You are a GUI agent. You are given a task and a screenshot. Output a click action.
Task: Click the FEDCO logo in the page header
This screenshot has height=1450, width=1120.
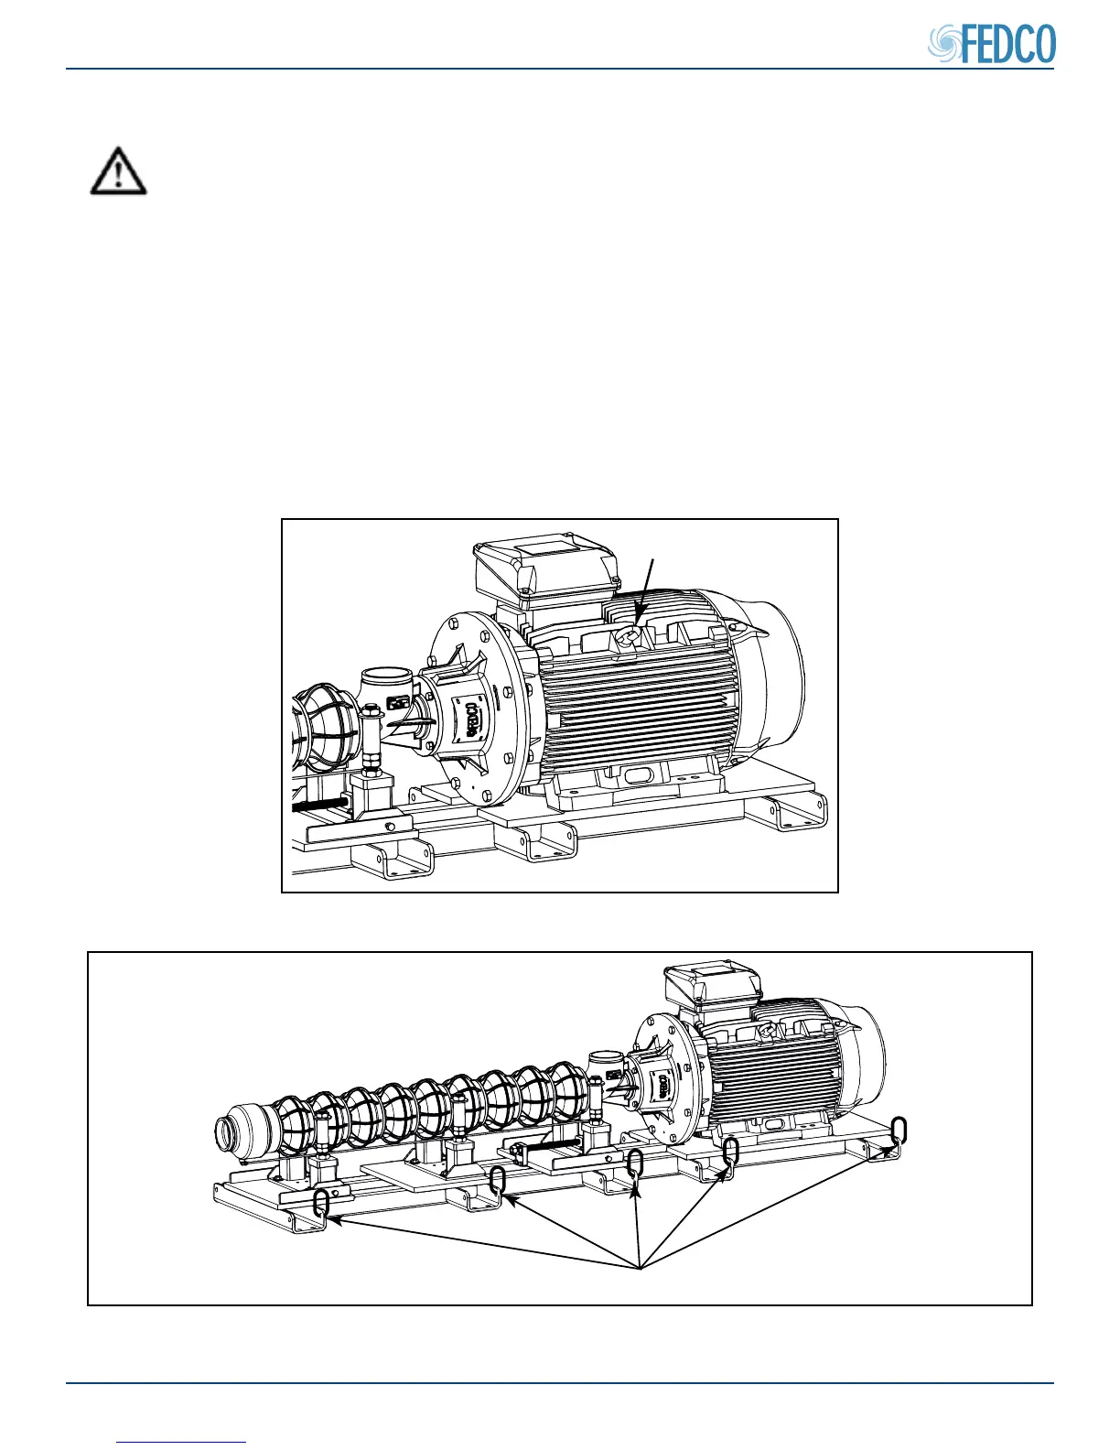(x=993, y=44)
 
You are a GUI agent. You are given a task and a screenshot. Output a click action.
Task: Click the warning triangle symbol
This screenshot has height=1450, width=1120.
(x=118, y=171)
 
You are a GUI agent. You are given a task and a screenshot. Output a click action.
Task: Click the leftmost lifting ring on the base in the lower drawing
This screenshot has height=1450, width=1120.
(x=321, y=1203)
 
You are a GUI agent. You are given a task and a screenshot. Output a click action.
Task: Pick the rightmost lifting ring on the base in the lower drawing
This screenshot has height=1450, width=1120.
(x=899, y=1130)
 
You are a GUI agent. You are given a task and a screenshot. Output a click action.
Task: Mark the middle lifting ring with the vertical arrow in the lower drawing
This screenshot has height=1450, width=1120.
(x=635, y=1165)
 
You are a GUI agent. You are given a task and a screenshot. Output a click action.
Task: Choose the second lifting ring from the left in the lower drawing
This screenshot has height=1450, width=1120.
(x=497, y=1181)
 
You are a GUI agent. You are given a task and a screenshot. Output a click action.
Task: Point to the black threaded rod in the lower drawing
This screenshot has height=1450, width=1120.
(x=550, y=1145)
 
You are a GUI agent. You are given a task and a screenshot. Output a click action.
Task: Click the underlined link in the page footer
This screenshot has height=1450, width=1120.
(x=182, y=1442)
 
